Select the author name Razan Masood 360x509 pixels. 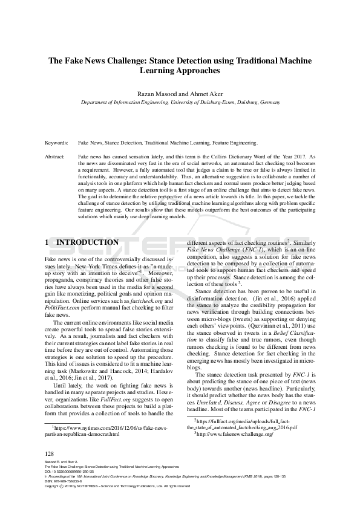159,94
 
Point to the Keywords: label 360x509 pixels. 57,143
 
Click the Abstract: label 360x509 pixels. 56,156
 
